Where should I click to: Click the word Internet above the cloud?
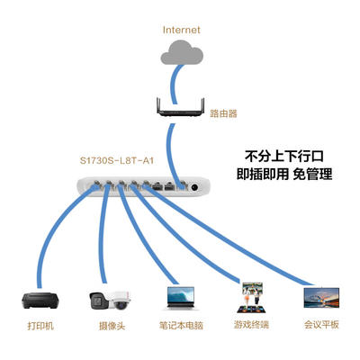181,30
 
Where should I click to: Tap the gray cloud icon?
182,53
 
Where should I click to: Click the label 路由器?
223,113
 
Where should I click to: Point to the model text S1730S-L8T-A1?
117,161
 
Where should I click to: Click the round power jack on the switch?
194,187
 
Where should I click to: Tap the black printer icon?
40,301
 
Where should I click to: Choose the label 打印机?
40,326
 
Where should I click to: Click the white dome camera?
120,301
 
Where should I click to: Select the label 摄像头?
112,326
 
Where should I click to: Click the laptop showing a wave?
181,298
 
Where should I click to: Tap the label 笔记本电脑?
181,326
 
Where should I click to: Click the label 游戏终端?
251,325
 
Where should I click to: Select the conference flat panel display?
321,298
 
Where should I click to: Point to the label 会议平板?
321,325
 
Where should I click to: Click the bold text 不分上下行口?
284,157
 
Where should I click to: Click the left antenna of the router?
159,105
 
